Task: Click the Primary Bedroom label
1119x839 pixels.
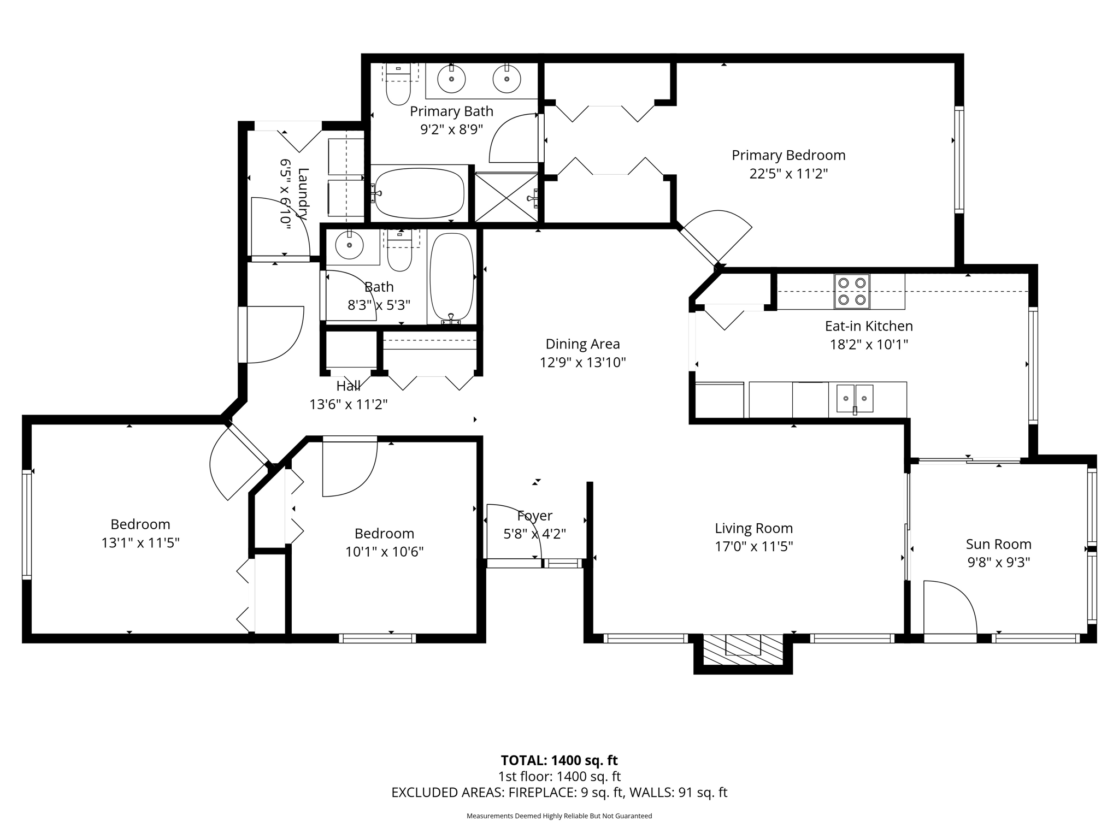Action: (788, 156)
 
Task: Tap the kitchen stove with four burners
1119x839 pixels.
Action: (851, 291)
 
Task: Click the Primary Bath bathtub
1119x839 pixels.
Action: (420, 193)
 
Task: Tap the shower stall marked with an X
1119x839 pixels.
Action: (506, 197)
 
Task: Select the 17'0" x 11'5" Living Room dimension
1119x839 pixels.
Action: (753, 546)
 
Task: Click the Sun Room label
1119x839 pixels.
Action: (998, 544)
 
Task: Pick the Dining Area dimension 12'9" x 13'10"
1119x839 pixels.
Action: (582, 362)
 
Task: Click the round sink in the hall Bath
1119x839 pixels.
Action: (349, 245)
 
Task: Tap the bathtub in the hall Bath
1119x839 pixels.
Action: (451, 277)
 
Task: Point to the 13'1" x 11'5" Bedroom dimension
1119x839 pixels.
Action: (140, 543)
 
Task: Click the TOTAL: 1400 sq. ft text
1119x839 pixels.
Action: (559, 760)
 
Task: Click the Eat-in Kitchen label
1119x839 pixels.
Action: (868, 326)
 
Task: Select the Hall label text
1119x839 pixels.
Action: (348, 386)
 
